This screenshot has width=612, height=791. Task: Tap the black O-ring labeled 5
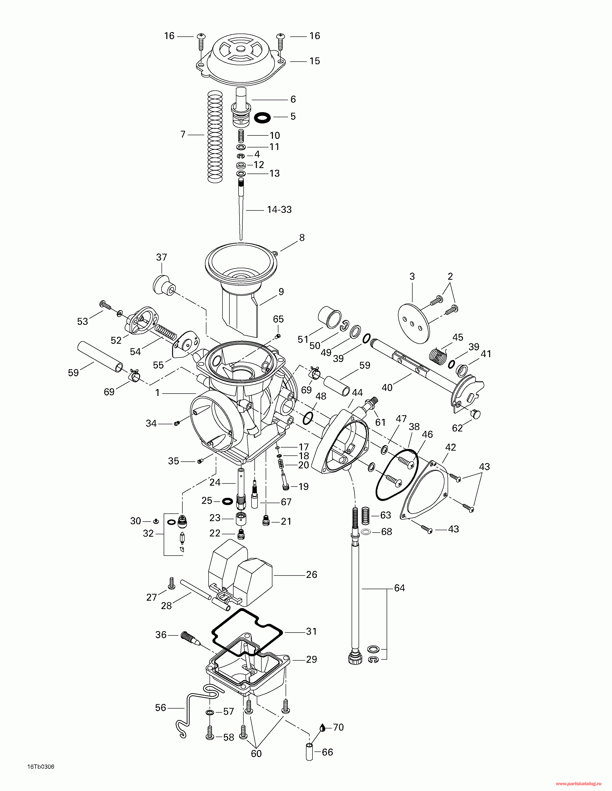click(262, 117)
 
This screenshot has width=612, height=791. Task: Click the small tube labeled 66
click(309, 752)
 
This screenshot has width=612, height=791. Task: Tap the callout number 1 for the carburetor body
click(157, 393)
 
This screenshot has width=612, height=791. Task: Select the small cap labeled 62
click(475, 414)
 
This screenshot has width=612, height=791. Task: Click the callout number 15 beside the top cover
click(314, 61)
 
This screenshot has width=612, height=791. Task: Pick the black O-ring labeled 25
click(227, 501)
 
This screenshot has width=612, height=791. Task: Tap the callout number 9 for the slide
click(281, 291)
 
